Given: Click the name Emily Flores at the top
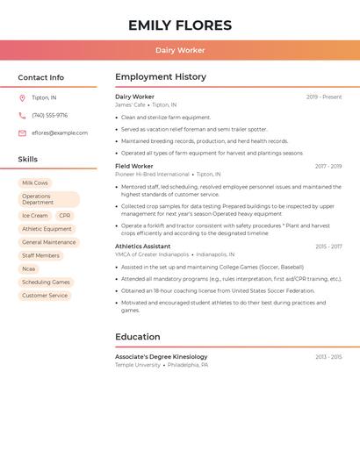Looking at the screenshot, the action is pos(180,25).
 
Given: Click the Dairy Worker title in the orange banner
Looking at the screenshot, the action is pos(180,50).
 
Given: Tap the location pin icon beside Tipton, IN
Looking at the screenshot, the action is pos(22,97).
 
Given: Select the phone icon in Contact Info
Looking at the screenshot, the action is pos(22,115).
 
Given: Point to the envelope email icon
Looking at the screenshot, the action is pos(22,133).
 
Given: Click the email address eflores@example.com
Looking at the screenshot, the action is pos(60,133).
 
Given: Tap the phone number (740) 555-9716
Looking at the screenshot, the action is pos(50,115).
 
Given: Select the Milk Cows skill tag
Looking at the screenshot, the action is pos(35,182).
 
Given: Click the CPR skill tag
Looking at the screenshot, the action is pos(65,215).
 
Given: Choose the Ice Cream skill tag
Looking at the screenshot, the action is pos(35,215).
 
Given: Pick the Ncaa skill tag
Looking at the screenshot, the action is pos(29,268).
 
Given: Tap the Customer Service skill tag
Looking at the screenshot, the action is pos(45,296).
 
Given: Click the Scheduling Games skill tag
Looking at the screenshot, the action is pos(46,283).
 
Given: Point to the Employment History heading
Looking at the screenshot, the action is pos(161,77).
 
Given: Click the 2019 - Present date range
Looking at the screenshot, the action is pos(324,97).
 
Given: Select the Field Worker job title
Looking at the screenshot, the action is pos(134,166).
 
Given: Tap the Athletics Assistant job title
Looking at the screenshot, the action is pos(143,247).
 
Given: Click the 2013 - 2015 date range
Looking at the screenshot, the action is pos(328,357).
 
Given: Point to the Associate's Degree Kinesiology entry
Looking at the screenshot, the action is pos(162,357).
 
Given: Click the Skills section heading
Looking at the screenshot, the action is pos(28,160).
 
